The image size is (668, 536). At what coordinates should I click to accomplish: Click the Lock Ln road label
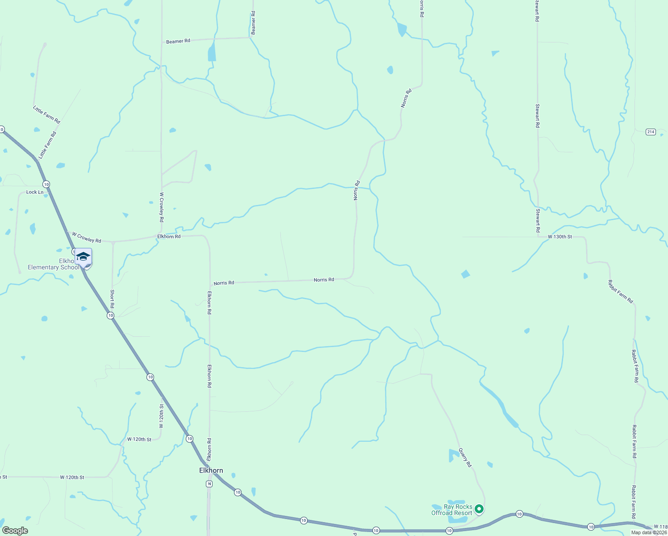35,192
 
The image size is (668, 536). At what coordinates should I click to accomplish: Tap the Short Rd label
112,299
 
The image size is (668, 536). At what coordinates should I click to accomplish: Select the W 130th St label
559,237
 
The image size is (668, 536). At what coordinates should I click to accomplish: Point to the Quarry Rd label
465,458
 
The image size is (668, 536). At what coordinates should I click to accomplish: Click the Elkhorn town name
211,470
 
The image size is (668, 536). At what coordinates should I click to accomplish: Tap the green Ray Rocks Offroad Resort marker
479,509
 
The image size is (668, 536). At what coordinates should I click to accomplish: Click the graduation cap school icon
83,256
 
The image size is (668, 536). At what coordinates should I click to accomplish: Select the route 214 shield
651,132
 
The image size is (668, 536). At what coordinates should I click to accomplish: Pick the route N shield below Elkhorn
209,484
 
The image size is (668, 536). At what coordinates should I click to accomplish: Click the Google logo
15,531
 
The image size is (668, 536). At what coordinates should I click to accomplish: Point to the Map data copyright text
649,532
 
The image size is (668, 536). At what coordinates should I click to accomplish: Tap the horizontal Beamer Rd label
178,41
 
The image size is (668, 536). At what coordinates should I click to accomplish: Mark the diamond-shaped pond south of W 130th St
465,274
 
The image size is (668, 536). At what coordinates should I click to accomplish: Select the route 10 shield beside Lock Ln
46,184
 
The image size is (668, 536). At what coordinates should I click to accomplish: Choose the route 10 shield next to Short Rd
110,315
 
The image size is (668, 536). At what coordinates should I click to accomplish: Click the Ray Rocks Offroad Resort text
451,510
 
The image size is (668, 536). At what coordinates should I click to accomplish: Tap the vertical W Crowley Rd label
161,207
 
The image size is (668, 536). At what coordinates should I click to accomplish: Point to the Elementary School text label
53,267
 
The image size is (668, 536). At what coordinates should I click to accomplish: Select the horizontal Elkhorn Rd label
169,236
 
